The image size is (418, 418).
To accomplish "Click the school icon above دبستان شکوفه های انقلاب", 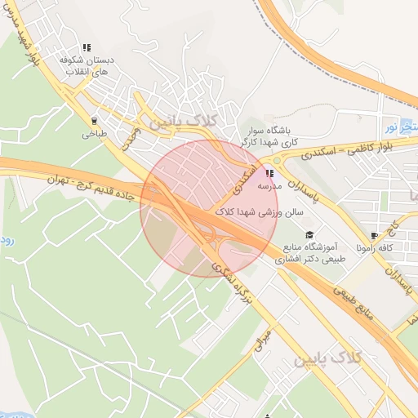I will point(87,47).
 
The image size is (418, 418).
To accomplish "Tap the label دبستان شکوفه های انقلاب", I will point(87,66).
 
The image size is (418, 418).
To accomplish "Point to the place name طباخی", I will point(90,135).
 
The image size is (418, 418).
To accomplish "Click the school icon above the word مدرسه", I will point(269,173).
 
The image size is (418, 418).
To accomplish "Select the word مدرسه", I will point(269,186).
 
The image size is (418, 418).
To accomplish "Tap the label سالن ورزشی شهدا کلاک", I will point(260,211).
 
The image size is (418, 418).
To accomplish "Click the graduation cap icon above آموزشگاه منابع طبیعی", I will point(309,235).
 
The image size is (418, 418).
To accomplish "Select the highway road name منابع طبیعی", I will point(360,306).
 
